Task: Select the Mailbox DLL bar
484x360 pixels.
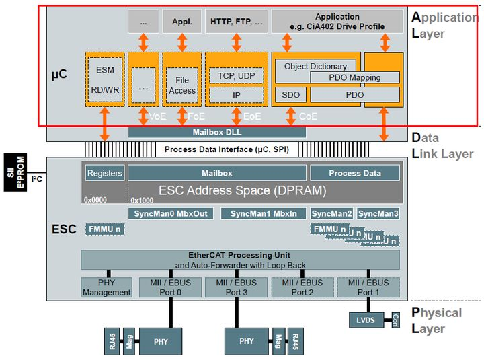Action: tap(216, 132)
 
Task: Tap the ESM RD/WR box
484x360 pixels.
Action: tap(105, 79)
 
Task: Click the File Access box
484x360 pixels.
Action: tap(182, 85)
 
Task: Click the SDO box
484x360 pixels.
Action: tap(290, 94)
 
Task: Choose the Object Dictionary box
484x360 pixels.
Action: tap(315, 66)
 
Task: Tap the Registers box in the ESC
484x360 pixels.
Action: tap(105, 173)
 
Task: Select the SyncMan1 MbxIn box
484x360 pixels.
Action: tap(264, 213)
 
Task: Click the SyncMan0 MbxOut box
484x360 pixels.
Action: tap(171, 213)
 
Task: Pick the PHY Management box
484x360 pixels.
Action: tap(106, 287)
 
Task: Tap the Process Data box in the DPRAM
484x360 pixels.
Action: tap(355, 173)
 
